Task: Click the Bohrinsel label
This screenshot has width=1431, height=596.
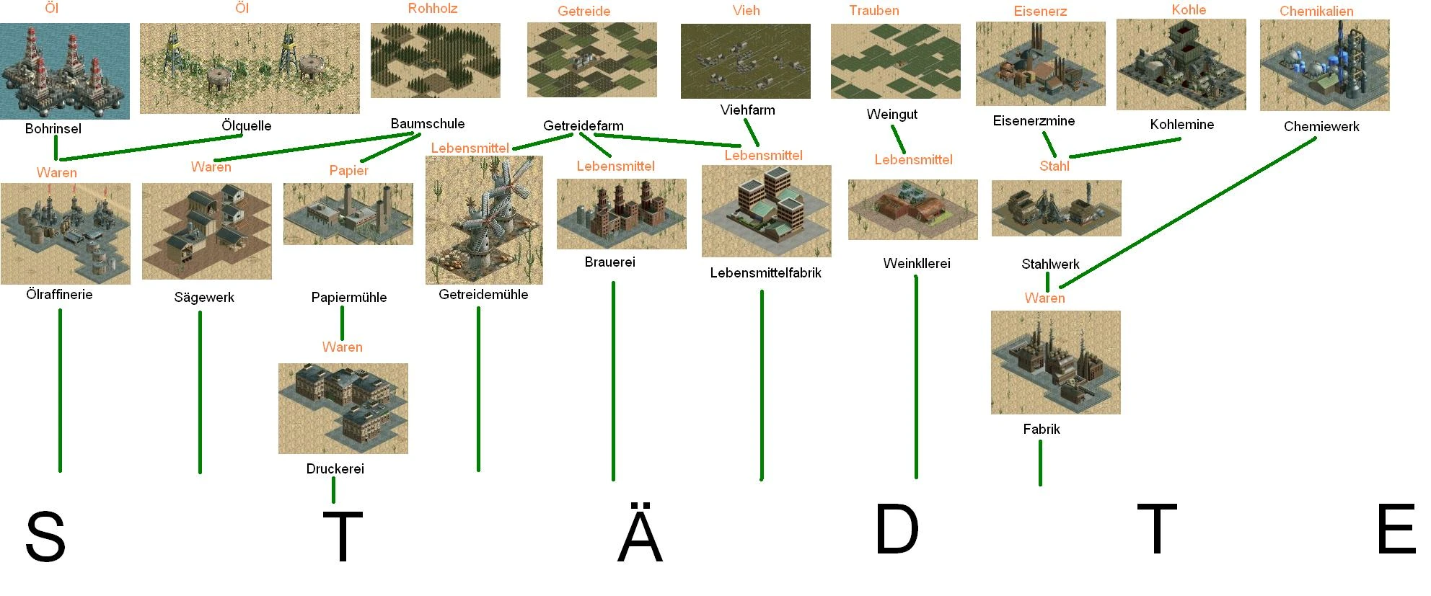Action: [53, 129]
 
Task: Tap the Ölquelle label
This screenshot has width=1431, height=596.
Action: [246, 126]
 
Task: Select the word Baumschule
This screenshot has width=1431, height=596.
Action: [428, 124]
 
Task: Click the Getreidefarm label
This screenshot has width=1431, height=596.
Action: [584, 126]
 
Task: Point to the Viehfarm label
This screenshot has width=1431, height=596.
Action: [747, 110]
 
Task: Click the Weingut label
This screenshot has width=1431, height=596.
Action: [892, 115]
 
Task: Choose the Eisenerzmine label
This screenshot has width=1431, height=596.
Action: [1034, 121]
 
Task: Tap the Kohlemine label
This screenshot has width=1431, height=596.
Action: [1182, 125]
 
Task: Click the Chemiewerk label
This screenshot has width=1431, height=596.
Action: [1321, 127]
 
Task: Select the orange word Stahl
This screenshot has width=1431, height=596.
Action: [1054, 166]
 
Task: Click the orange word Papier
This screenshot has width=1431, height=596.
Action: [349, 171]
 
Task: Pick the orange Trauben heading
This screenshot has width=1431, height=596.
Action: [874, 11]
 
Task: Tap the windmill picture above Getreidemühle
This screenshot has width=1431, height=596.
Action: [484, 220]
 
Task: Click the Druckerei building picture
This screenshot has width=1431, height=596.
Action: [343, 409]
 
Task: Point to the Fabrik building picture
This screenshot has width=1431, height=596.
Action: [1056, 363]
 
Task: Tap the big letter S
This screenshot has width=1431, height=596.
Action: [45, 536]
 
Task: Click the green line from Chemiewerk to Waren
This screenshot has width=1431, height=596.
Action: [1187, 213]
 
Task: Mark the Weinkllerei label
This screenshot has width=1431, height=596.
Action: [917, 264]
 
